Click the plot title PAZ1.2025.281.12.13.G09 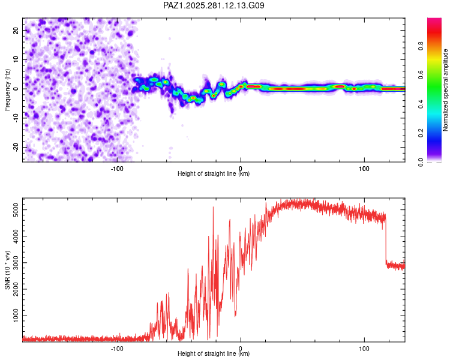coord(214,5)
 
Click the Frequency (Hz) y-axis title coord(7,89)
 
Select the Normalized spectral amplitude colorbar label coord(446,89)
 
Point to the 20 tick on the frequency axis coord(16,30)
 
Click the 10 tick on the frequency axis coord(16,59)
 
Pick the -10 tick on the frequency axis coord(15,118)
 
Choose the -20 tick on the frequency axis coord(15,148)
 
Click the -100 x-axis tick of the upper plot coord(117,168)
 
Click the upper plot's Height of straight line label coord(214,174)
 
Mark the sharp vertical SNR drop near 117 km coord(385,240)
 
